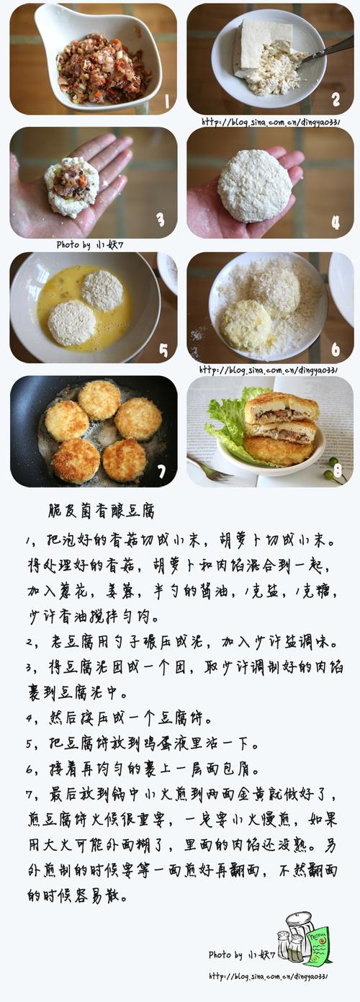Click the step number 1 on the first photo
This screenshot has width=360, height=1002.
pos(167,102)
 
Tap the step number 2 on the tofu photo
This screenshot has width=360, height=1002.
pos(336,99)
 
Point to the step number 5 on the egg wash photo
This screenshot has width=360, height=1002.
pos(163,351)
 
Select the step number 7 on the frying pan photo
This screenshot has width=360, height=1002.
pos(161,472)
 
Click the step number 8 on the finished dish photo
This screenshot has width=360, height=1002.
pos(338,470)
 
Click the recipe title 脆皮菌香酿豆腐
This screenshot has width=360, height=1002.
pos(102,511)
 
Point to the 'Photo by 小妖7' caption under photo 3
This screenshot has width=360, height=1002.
pos(90,245)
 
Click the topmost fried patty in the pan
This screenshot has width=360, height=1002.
pos(100,400)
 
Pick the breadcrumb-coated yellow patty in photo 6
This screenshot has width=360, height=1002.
pos(247,325)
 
